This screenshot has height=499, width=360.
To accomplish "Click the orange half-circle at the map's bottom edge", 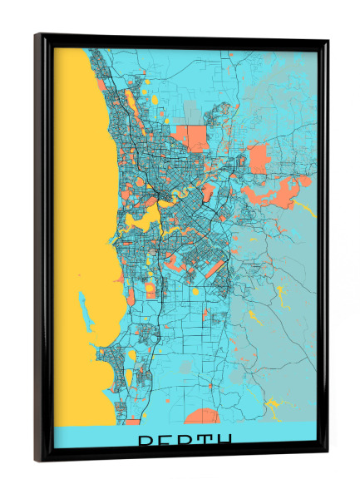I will click(202, 416).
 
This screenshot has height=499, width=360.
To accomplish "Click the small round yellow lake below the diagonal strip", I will click(196, 292).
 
